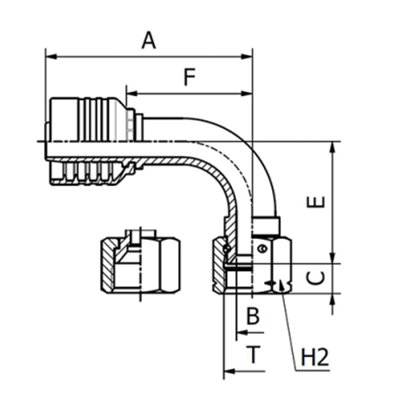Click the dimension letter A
pyautogui.click(x=148, y=39)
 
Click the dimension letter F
pyautogui.click(x=189, y=78)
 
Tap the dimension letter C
pyautogui.click(x=317, y=278)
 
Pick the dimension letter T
pyautogui.click(x=253, y=354)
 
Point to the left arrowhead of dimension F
pyautogui.click(x=130, y=94)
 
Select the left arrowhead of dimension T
pyautogui.click(x=227, y=371)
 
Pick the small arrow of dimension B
pyautogui.click(x=241, y=332)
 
